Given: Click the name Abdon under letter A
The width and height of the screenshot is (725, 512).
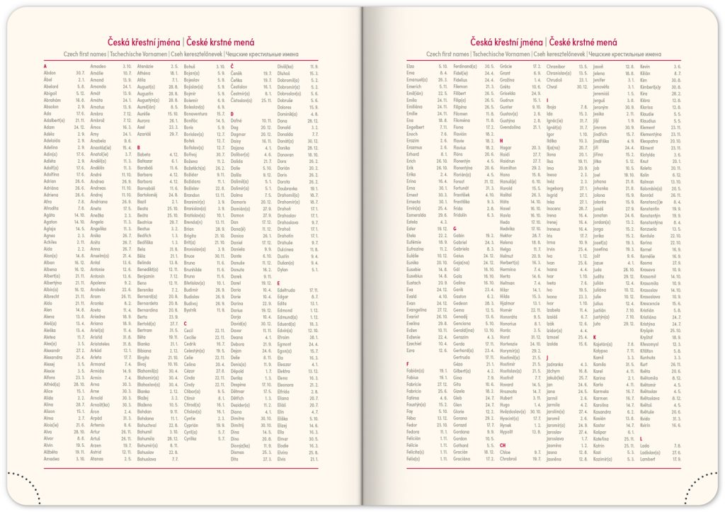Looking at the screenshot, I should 50,72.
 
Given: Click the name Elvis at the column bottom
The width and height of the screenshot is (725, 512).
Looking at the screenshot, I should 283,459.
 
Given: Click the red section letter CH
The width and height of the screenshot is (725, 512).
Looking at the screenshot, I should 503,445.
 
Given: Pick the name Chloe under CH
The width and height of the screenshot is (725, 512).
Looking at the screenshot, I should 506,453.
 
